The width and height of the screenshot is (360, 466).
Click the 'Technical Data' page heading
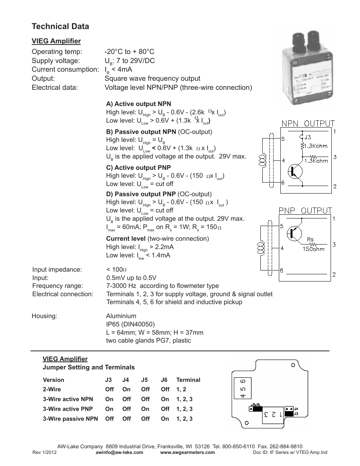coord(60,26)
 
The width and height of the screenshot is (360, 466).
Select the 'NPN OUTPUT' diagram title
coord(308,123)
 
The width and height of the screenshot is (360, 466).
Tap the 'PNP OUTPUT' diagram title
coord(305,211)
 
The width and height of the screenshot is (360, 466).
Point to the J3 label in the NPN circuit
coord(308,137)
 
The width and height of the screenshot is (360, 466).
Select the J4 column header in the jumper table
coord(126,380)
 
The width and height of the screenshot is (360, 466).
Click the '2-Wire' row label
coord(52,389)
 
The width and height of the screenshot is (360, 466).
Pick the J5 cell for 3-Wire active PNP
coord(145,409)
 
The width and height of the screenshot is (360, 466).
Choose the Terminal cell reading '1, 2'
coord(181,389)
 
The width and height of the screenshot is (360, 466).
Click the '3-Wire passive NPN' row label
coord(70,419)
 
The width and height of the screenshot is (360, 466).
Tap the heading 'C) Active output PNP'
coord(138,168)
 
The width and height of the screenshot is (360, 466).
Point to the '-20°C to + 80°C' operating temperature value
coord(129,52)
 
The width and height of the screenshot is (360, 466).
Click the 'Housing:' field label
coord(44,316)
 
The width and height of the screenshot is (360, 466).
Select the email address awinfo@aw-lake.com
coord(120,452)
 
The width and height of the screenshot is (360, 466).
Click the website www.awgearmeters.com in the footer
coord(188,452)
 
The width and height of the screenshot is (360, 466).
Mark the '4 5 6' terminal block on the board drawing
coord(243,388)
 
